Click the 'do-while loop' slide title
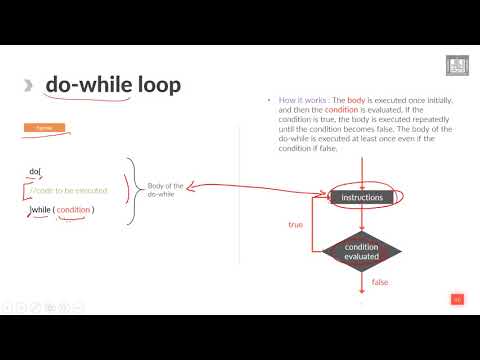click(113, 85)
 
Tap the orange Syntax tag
click(39, 129)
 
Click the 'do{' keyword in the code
click(36, 172)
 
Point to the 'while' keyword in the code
click(42, 209)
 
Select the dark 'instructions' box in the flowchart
click(362, 198)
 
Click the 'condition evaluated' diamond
click(362, 251)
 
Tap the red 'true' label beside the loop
click(295, 225)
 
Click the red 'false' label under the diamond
click(380, 283)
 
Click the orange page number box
click(456, 298)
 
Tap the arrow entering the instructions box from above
click(362, 178)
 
